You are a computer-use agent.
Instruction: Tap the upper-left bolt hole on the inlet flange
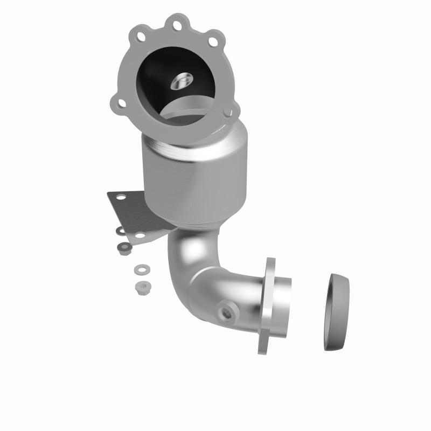pyautogui.click(x=141, y=37)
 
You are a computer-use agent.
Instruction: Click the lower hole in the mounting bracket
pyautogui.click(x=141, y=235)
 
